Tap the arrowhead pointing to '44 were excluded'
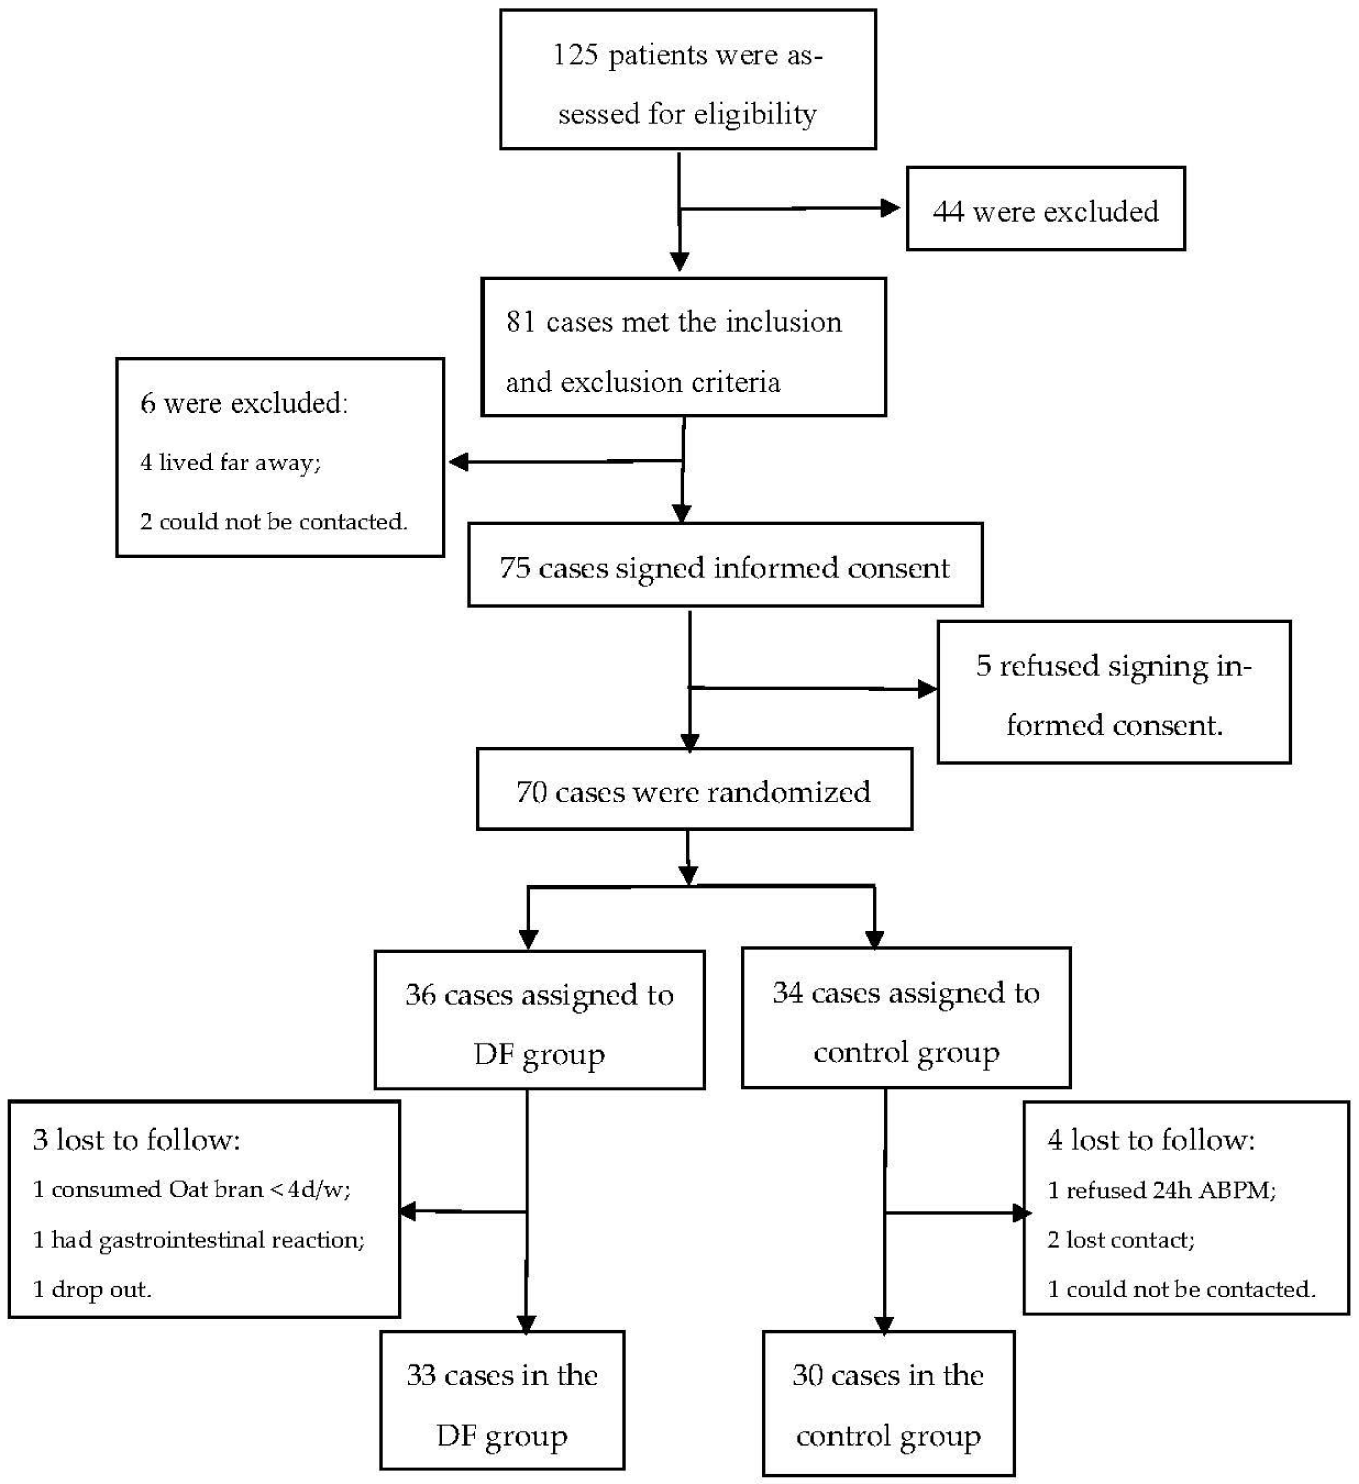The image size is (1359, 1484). pos(891,208)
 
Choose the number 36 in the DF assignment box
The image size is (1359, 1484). pos(420,995)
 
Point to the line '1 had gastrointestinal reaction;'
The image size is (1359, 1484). pos(199,1240)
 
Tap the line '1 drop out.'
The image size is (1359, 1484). pos(92,1290)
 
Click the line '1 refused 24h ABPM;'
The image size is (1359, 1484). pos(1162,1190)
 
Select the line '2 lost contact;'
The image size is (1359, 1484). pos(1120,1240)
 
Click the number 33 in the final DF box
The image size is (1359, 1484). pos(422,1376)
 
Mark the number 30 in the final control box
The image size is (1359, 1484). pos(808,1376)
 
